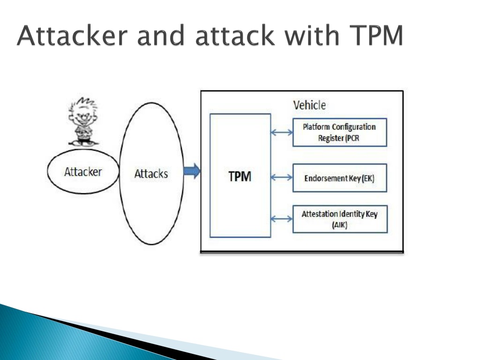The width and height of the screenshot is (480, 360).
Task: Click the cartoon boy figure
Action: (82, 121)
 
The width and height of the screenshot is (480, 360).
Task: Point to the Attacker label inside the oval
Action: (83, 172)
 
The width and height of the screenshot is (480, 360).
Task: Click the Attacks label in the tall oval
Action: (151, 174)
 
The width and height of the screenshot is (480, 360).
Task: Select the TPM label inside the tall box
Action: (240, 176)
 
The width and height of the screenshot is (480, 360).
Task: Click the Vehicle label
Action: (309, 105)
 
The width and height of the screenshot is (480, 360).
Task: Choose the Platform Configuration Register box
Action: (340, 132)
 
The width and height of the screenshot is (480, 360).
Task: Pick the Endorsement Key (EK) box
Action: (340, 178)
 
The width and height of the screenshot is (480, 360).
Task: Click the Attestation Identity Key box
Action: (340, 219)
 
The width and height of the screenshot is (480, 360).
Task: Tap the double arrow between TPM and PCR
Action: (282, 132)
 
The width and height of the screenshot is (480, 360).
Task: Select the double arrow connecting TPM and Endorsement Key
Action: (282, 177)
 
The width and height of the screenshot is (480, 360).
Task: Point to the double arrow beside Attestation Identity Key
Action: (282, 218)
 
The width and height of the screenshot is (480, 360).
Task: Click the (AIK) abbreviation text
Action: (339, 225)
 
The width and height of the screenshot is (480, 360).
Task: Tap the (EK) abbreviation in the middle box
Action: (368, 178)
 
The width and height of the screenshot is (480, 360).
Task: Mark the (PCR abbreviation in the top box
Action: (352, 138)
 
